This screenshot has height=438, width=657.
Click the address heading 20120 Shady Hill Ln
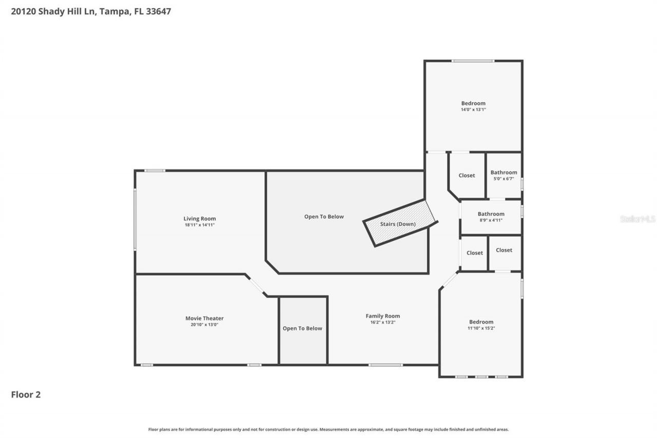coord(91,11)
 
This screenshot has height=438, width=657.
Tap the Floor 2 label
coord(26,394)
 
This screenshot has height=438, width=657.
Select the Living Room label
coord(200,218)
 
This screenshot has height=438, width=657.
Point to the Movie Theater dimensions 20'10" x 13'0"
coord(205,325)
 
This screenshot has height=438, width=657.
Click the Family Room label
coord(382,316)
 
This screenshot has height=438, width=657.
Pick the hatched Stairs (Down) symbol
coord(399,224)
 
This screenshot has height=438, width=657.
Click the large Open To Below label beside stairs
coord(324,216)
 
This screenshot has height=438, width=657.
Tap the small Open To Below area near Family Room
coord(303,329)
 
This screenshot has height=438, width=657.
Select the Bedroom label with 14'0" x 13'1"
coord(473,103)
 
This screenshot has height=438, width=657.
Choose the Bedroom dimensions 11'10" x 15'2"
coord(481,328)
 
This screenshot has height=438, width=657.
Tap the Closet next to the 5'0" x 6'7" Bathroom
coord(467,176)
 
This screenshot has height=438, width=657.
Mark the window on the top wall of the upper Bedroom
coord(473,61)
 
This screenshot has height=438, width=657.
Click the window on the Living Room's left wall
coord(135,219)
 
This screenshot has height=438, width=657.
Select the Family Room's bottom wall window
coord(385,365)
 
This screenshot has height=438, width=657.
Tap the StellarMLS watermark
coord(637,219)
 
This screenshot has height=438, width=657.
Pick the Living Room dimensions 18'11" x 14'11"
coord(200,225)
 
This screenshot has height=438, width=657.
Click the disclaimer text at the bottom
coord(328,429)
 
